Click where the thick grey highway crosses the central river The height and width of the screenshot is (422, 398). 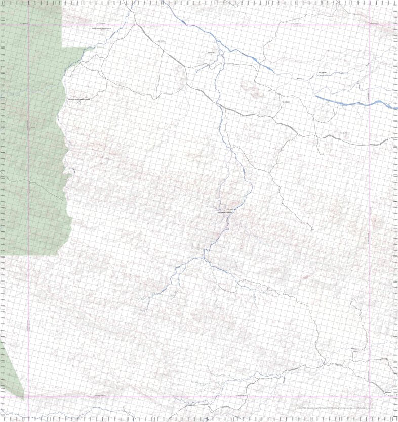[x=221, y=108]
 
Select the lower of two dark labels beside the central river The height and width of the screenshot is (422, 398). [x=226, y=213]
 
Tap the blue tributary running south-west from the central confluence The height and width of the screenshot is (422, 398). [x=167, y=283]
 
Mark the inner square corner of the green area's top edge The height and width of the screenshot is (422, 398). [x=62, y=46]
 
